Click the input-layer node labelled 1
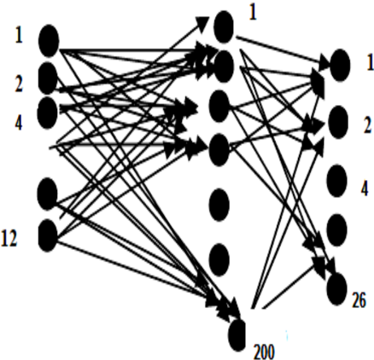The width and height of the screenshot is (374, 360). pos(49,40)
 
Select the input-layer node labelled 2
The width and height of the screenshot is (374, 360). pos(48,78)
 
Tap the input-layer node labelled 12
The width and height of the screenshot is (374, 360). pos(48,235)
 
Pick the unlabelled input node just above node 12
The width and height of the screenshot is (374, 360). pos(47,194)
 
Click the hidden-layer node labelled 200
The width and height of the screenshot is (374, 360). pos(237,335)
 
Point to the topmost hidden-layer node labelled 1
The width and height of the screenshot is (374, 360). pos(224,26)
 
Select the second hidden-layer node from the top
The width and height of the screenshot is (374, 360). pos(224,67)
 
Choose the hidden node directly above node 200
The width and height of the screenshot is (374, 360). pos(219,259)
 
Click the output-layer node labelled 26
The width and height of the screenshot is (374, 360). pos(337,289)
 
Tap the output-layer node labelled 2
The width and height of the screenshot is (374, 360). pos(338,122)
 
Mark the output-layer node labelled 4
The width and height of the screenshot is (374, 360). pos(337,181)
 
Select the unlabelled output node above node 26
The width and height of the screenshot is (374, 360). pos(337,229)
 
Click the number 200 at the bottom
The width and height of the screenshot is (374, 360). pos(264,352)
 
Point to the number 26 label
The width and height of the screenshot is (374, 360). pos(359,300)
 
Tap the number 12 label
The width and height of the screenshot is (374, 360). pos(9,238)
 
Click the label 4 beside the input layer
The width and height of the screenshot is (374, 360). pos(19,123)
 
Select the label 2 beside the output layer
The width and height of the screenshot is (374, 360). pos(368,126)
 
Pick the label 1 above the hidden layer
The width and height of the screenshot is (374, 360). pos(253,13)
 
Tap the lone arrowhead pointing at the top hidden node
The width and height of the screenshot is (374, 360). pos(202,22)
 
